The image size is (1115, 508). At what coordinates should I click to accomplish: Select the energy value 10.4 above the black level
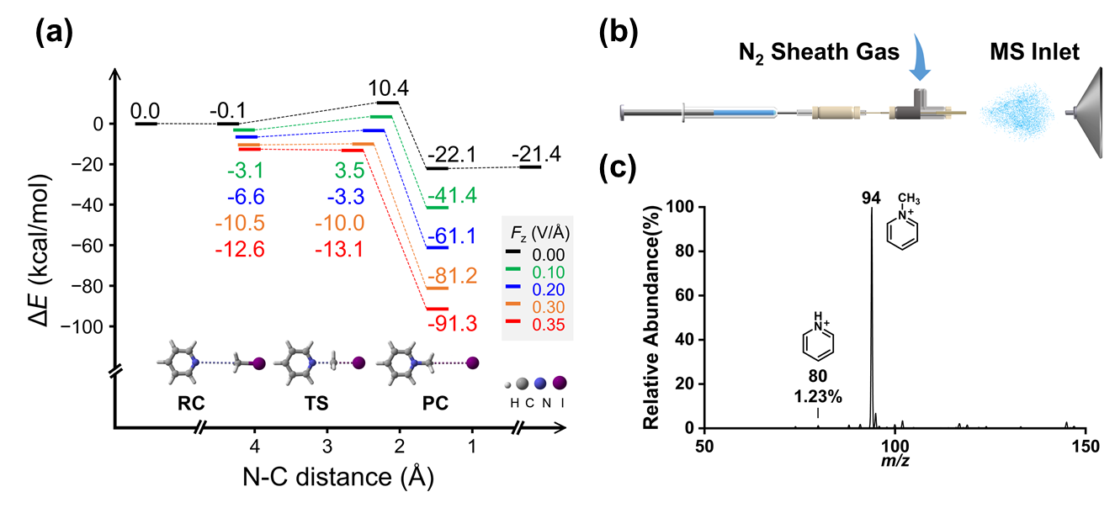pos(387,87)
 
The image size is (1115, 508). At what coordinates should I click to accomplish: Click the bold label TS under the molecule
pos(317,405)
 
